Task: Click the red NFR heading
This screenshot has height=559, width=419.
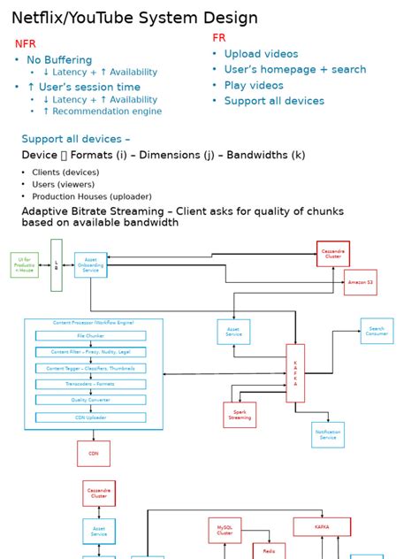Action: (26, 43)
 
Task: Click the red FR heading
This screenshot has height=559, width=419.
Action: (219, 38)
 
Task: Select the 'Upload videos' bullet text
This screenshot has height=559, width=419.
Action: (261, 54)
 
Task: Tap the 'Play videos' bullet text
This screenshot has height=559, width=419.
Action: (254, 86)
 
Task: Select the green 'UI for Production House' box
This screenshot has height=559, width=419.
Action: (25, 264)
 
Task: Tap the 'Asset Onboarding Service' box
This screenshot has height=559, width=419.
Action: (91, 264)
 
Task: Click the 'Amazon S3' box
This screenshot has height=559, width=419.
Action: (360, 282)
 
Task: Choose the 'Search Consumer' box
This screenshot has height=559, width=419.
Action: (377, 331)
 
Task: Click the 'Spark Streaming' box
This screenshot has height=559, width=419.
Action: (240, 414)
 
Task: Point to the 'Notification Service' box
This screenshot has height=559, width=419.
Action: (328, 434)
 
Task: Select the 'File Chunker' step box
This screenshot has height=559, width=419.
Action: (91, 336)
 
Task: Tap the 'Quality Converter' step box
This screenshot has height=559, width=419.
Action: (91, 400)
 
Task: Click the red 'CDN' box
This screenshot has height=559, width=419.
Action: (94, 453)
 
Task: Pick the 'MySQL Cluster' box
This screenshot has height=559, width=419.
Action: (225, 530)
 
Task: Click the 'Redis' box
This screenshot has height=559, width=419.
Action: (269, 551)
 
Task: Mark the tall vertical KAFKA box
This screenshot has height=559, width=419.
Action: (295, 373)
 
